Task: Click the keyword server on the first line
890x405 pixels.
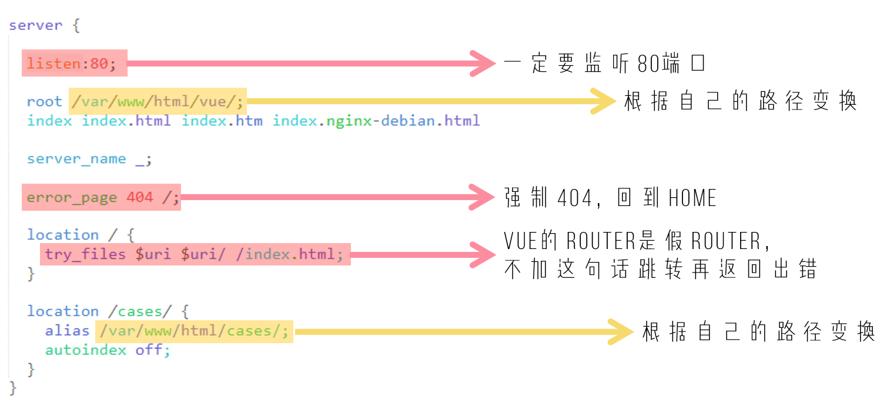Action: [36, 25]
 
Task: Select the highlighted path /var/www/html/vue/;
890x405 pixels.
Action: [158, 102]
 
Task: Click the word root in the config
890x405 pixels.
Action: [44, 101]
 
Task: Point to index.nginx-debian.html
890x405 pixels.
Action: [376, 121]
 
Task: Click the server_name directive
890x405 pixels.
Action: [76, 159]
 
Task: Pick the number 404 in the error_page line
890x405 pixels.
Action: [140, 197]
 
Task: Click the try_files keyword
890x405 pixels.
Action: [85, 254]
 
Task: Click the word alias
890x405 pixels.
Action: [67, 331]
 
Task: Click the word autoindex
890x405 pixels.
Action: [86, 350]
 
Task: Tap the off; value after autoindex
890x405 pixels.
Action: [153, 350]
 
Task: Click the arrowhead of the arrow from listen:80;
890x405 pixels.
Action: [483, 63]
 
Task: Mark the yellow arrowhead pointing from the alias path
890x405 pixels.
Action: [620, 332]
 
